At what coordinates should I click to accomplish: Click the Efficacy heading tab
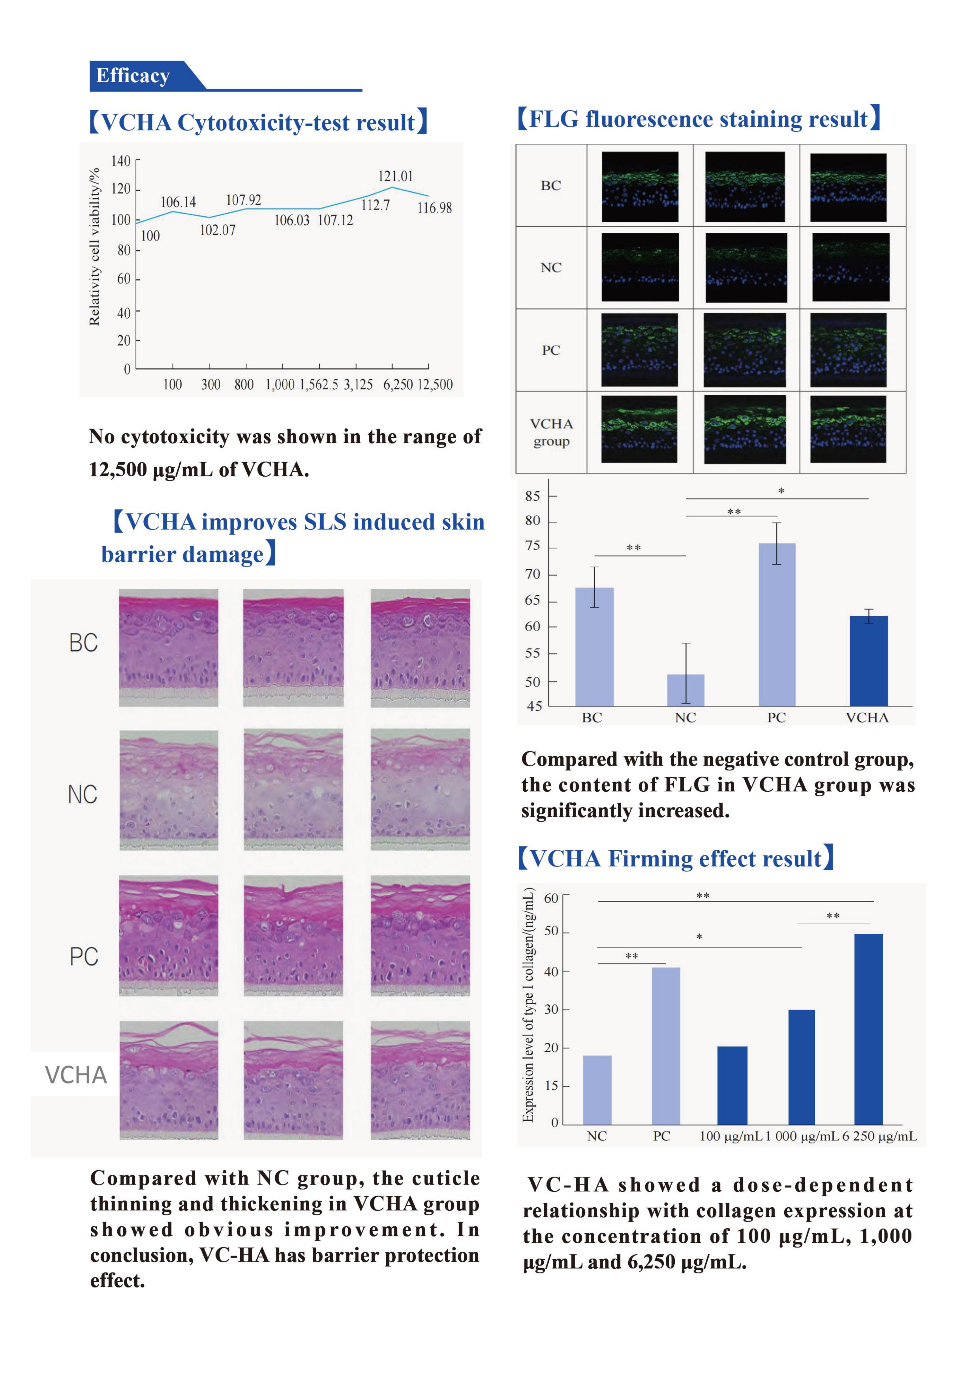[x=133, y=76]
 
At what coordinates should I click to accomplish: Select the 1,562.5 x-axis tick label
[x=319, y=384]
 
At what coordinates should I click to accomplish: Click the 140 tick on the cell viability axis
[x=121, y=161]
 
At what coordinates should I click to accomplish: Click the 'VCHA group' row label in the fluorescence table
[x=551, y=432]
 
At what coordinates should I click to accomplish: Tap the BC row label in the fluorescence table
[x=551, y=185]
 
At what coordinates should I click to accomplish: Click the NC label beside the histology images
[x=83, y=794]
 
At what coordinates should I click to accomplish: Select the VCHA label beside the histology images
[x=76, y=1075]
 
